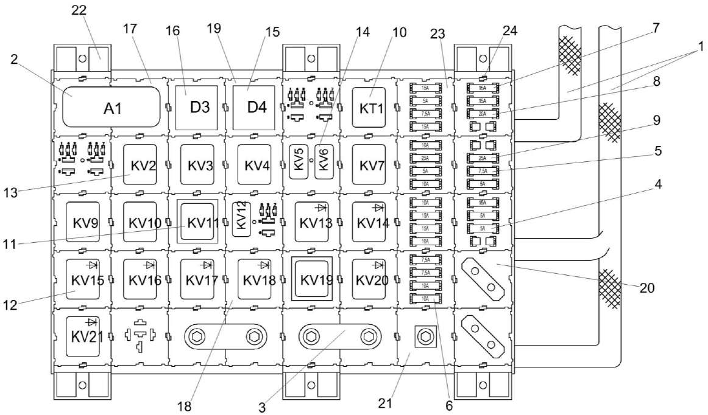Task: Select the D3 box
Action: click(196, 108)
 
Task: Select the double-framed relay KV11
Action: click(196, 222)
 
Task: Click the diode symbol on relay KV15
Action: click(93, 265)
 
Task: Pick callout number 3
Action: click(263, 407)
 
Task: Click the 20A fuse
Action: click(482, 113)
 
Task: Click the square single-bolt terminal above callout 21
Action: click(425, 335)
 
